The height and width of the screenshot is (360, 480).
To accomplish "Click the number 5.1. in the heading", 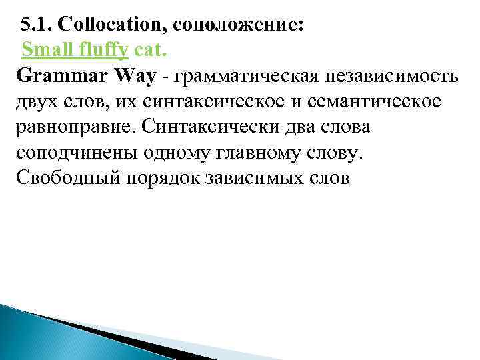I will [36, 26].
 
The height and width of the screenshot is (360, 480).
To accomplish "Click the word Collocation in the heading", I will [113, 26].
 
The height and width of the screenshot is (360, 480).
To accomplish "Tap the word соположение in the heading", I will [241, 26].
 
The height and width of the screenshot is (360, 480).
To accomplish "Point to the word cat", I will [151, 49].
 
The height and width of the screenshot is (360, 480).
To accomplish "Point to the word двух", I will [37, 102].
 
